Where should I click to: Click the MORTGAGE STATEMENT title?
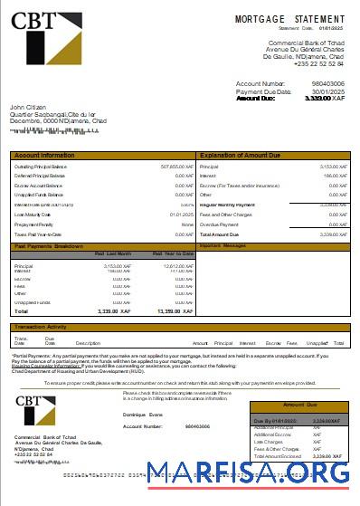pos(289,18)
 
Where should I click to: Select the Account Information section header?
pos(45,156)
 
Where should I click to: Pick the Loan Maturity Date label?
pos(33,215)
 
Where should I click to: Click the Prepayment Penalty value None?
pos(188,224)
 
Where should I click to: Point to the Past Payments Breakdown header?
pos(49,245)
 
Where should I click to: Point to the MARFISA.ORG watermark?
pos(248,473)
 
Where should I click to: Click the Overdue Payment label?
pos(218,224)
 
